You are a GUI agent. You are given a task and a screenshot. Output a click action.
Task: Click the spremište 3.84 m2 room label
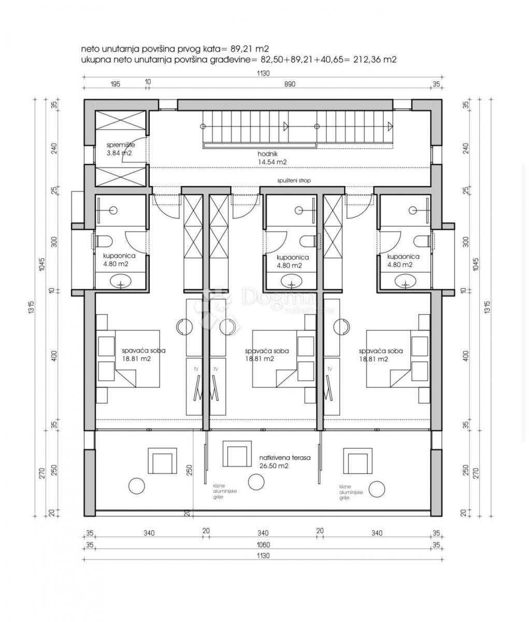point(120,149)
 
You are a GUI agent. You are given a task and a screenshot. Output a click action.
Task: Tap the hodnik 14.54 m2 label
point(271,158)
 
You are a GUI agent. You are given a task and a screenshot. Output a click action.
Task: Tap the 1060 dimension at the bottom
point(263,544)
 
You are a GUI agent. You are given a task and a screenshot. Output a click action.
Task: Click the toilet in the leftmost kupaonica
point(103,241)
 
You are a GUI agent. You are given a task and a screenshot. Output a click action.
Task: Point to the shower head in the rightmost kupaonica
point(412,210)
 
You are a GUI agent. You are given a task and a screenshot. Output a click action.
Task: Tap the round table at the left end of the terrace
point(137,486)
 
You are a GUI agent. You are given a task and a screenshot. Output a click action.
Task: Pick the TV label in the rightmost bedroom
point(328,369)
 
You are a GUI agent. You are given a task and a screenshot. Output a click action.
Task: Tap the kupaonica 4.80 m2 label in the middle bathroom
point(293,261)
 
